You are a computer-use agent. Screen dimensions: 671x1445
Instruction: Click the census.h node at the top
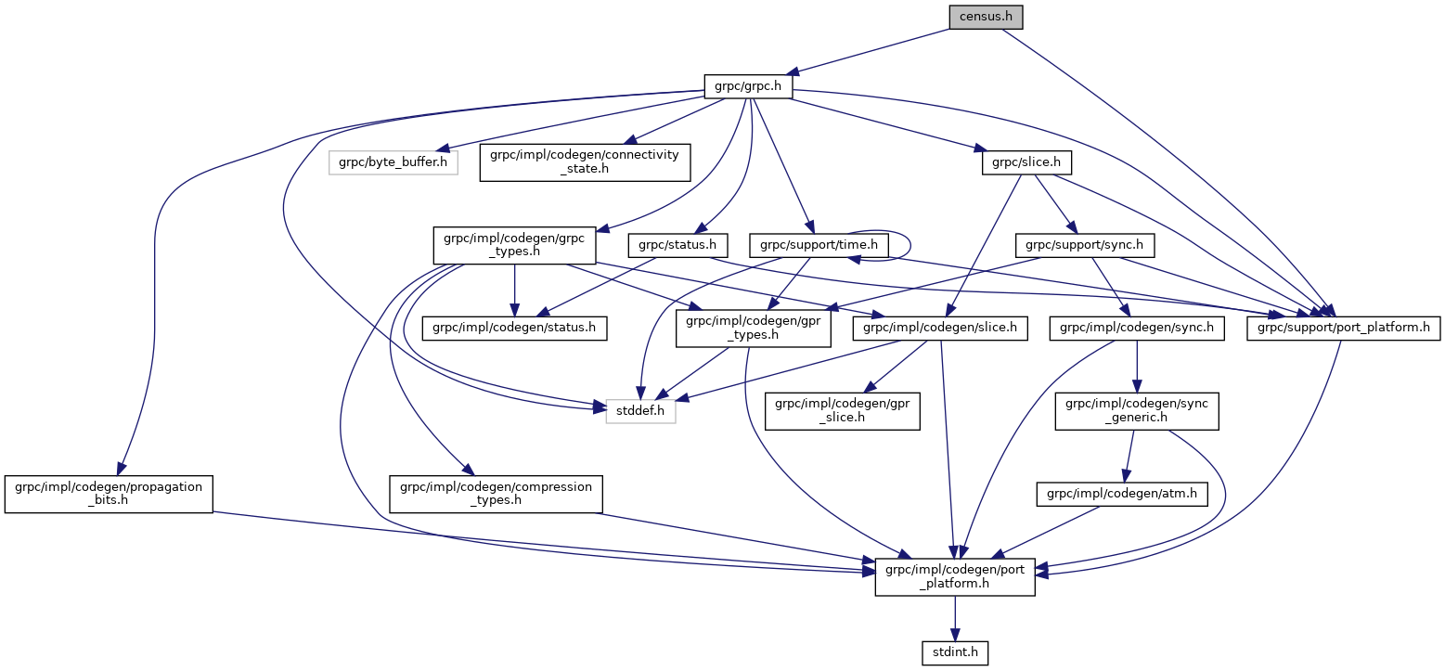pos(985,17)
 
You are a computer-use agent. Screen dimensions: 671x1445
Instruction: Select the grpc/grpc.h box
pos(748,86)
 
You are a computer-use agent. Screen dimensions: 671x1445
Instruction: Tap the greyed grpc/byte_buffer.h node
pos(394,163)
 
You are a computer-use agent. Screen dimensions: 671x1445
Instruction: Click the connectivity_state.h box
pos(585,162)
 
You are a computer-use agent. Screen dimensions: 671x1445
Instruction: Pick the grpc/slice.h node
pos(1026,163)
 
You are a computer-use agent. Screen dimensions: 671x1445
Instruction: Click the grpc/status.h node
pos(677,245)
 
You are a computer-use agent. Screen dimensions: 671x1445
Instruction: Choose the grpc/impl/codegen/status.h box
pos(514,328)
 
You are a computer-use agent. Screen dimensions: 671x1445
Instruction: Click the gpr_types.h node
pos(753,328)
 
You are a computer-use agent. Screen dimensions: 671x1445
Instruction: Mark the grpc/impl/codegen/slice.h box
pos(940,328)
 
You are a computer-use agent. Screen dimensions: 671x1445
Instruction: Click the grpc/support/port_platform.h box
pos(1343,328)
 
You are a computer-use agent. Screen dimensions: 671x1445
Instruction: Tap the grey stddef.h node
pos(640,409)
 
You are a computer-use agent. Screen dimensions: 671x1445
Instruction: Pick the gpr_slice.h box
pos(842,410)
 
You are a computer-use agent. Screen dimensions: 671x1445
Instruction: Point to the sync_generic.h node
pos(1137,410)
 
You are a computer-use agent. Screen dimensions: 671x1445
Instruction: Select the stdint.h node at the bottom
pos(955,653)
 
